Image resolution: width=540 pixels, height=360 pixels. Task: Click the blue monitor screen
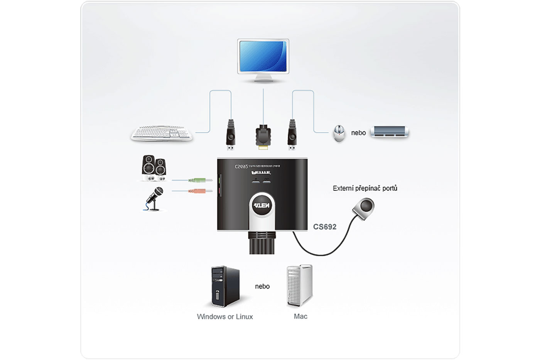pos(263,56)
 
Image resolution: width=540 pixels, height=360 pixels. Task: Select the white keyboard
pos(162,133)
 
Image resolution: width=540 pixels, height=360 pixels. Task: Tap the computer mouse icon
pos(339,133)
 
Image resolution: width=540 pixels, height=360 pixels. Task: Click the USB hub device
pos(389,132)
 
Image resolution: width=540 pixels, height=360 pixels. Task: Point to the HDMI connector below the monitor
pos(263,137)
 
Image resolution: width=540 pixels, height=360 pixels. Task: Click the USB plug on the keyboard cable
pos(231,135)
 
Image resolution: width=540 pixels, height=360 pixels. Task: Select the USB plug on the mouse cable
pos(292,135)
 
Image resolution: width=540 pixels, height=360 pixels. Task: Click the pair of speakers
pos(154,168)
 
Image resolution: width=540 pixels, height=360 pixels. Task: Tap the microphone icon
pos(155,198)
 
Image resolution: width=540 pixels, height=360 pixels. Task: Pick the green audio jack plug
pos(200,180)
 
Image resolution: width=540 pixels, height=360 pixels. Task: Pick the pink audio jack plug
pos(200,191)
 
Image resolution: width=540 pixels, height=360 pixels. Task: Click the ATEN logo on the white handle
pos(262,206)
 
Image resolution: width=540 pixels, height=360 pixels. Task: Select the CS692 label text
pos(324,227)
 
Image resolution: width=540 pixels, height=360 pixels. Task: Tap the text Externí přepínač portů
pos(365,188)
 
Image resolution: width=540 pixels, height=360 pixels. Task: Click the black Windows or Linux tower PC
pos(225,286)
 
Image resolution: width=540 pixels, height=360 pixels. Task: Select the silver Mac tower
pos(299,285)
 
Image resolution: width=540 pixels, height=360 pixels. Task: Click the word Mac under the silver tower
pos(300,316)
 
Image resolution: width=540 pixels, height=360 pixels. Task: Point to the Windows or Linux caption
pos(225,317)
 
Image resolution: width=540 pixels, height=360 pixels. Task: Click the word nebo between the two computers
pos(262,286)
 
